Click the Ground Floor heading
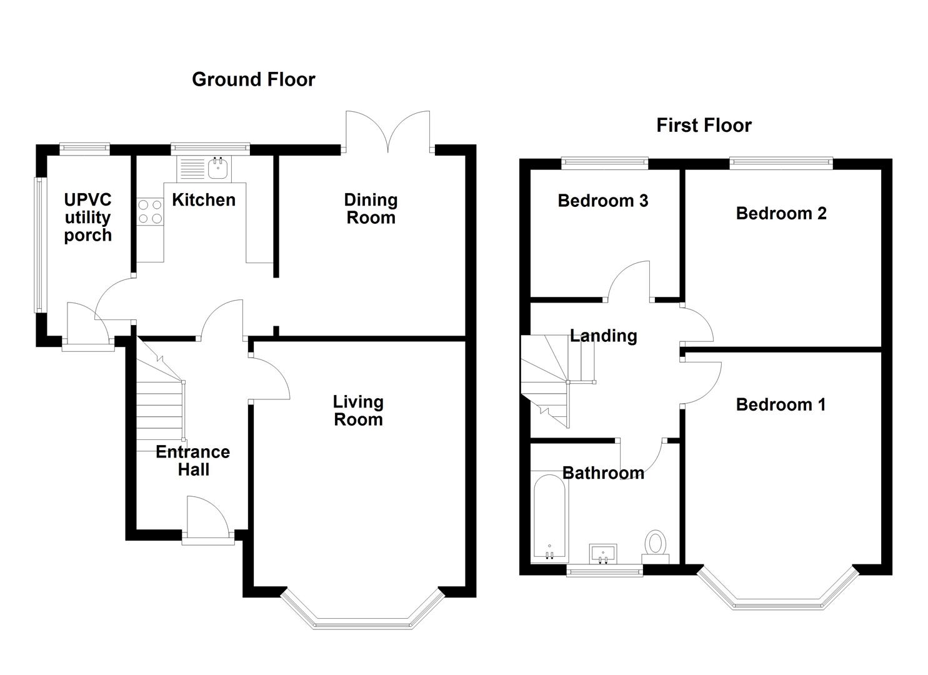253,79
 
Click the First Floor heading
703,126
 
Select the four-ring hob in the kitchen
150,211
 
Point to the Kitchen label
204,200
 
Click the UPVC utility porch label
87,217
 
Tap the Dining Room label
371,209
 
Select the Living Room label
358,411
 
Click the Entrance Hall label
192,461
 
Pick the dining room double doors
388,131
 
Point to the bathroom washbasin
603,553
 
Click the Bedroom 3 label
602,201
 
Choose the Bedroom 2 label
781,213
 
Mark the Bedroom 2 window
781,164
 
